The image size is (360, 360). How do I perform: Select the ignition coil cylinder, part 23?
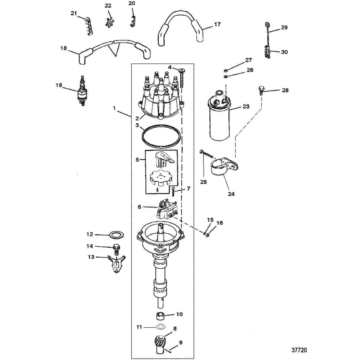pos(220,115)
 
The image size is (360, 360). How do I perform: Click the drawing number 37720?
pos(299,350)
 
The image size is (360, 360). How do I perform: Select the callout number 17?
pos(217,24)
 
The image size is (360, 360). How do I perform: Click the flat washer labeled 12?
pos(117,235)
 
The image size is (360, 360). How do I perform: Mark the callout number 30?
pos(284,52)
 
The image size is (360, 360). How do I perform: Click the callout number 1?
pos(114,108)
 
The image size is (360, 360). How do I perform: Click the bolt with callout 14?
pos(117,250)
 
